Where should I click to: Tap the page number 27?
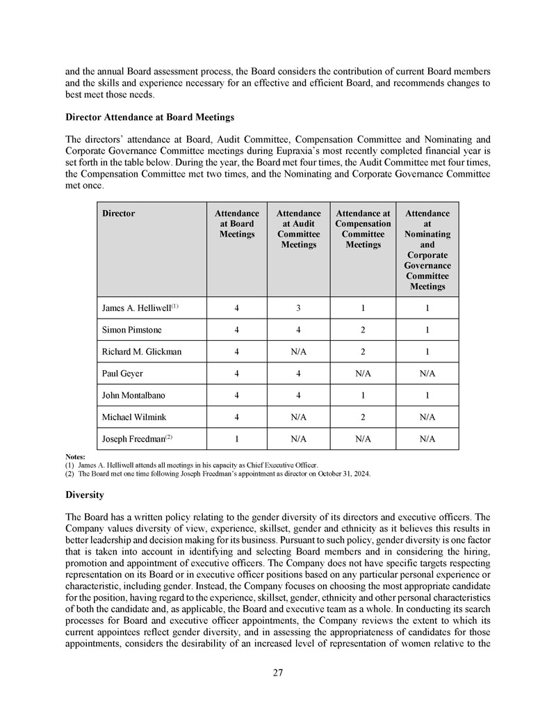(278, 673)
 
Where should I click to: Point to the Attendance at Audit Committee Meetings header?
(298, 229)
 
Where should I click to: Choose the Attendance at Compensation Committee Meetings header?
(363, 229)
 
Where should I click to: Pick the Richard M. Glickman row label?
(141, 351)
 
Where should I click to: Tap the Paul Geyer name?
(122, 374)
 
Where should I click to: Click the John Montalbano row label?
(134, 395)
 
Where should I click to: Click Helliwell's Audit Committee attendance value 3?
(298, 307)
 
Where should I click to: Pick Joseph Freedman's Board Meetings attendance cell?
(237, 439)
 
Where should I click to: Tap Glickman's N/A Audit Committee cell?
(298, 351)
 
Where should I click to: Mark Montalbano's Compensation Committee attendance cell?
(363, 395)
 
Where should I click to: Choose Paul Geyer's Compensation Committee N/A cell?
(363, 374)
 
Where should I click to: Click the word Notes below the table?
(75, 457)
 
